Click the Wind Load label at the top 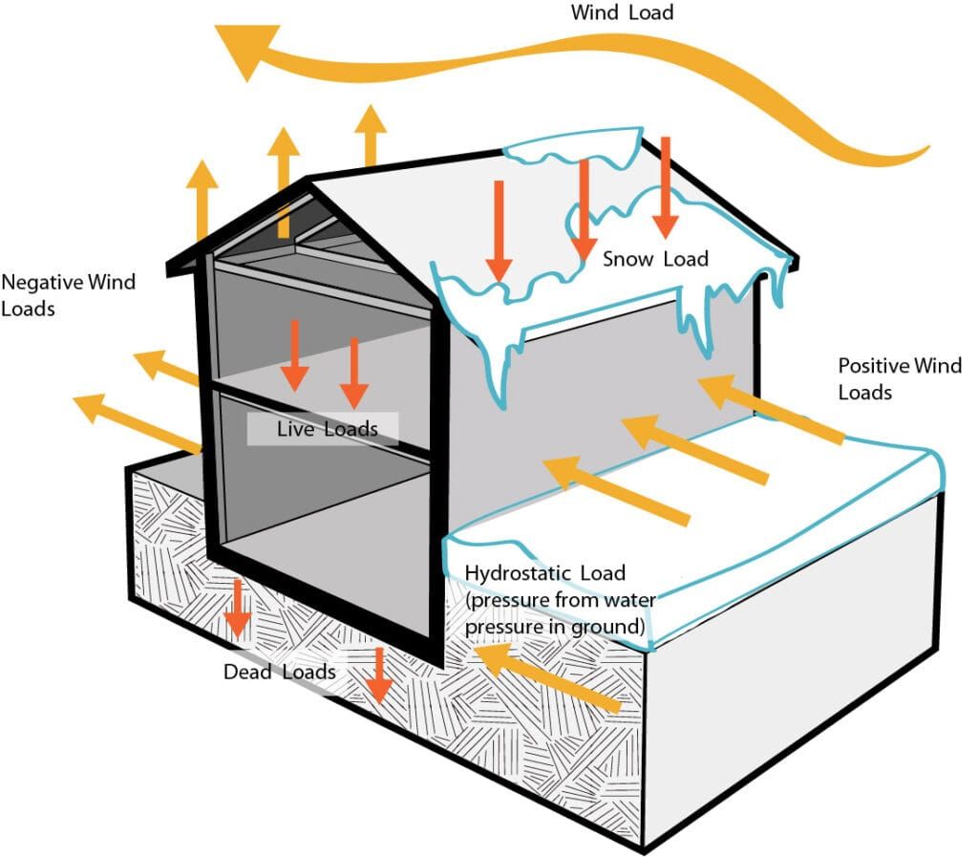click(x=622, y=12)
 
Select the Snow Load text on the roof click(x=655, y=259)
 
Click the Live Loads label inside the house click(x=327, y=429)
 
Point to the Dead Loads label click(x=279, y=672)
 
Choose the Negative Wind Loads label click(x=68, y=295)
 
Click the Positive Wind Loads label click(x=899, y=378)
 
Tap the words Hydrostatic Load click(x=544, y=572)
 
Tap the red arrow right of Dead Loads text click(x=380, y=675)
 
